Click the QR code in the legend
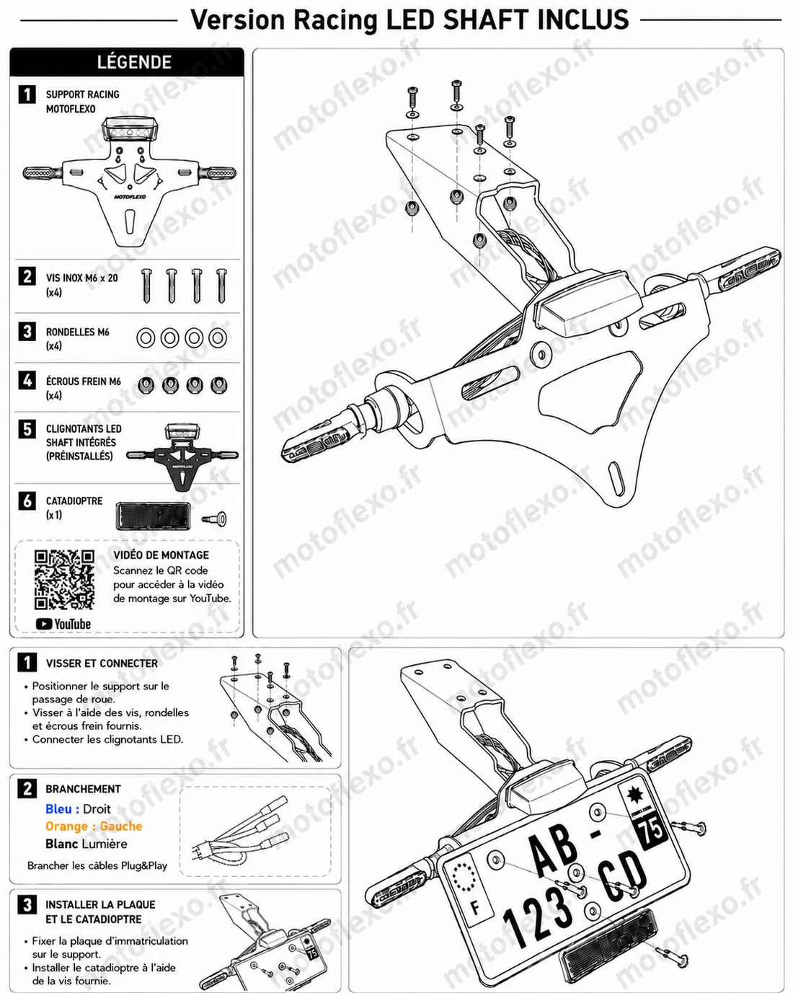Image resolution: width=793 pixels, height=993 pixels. point(64,580)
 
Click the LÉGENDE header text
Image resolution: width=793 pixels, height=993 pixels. point(134,62)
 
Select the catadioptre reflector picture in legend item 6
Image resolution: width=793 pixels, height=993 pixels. point(153,516)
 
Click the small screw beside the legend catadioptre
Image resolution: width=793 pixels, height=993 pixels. point(215,519)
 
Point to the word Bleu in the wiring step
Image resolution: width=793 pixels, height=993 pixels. point(58,809)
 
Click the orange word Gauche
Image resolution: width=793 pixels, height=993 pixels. point(121,826)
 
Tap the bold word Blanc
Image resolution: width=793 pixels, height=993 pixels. point(61,844)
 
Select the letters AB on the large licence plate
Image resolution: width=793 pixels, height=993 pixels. point(554,849)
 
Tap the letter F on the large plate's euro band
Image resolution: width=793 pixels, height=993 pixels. point(475,908)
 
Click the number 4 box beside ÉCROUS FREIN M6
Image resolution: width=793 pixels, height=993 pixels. point(27,381)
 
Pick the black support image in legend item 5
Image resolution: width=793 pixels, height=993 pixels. point(182,456)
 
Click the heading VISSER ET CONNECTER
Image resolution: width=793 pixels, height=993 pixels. point(102,663)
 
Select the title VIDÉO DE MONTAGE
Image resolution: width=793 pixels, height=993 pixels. point(161,555)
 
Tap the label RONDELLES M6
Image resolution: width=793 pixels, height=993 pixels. point(78,332)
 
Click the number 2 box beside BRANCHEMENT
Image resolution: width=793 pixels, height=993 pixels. point(27,789)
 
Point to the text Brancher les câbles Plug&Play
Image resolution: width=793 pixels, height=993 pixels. point(97,865)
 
